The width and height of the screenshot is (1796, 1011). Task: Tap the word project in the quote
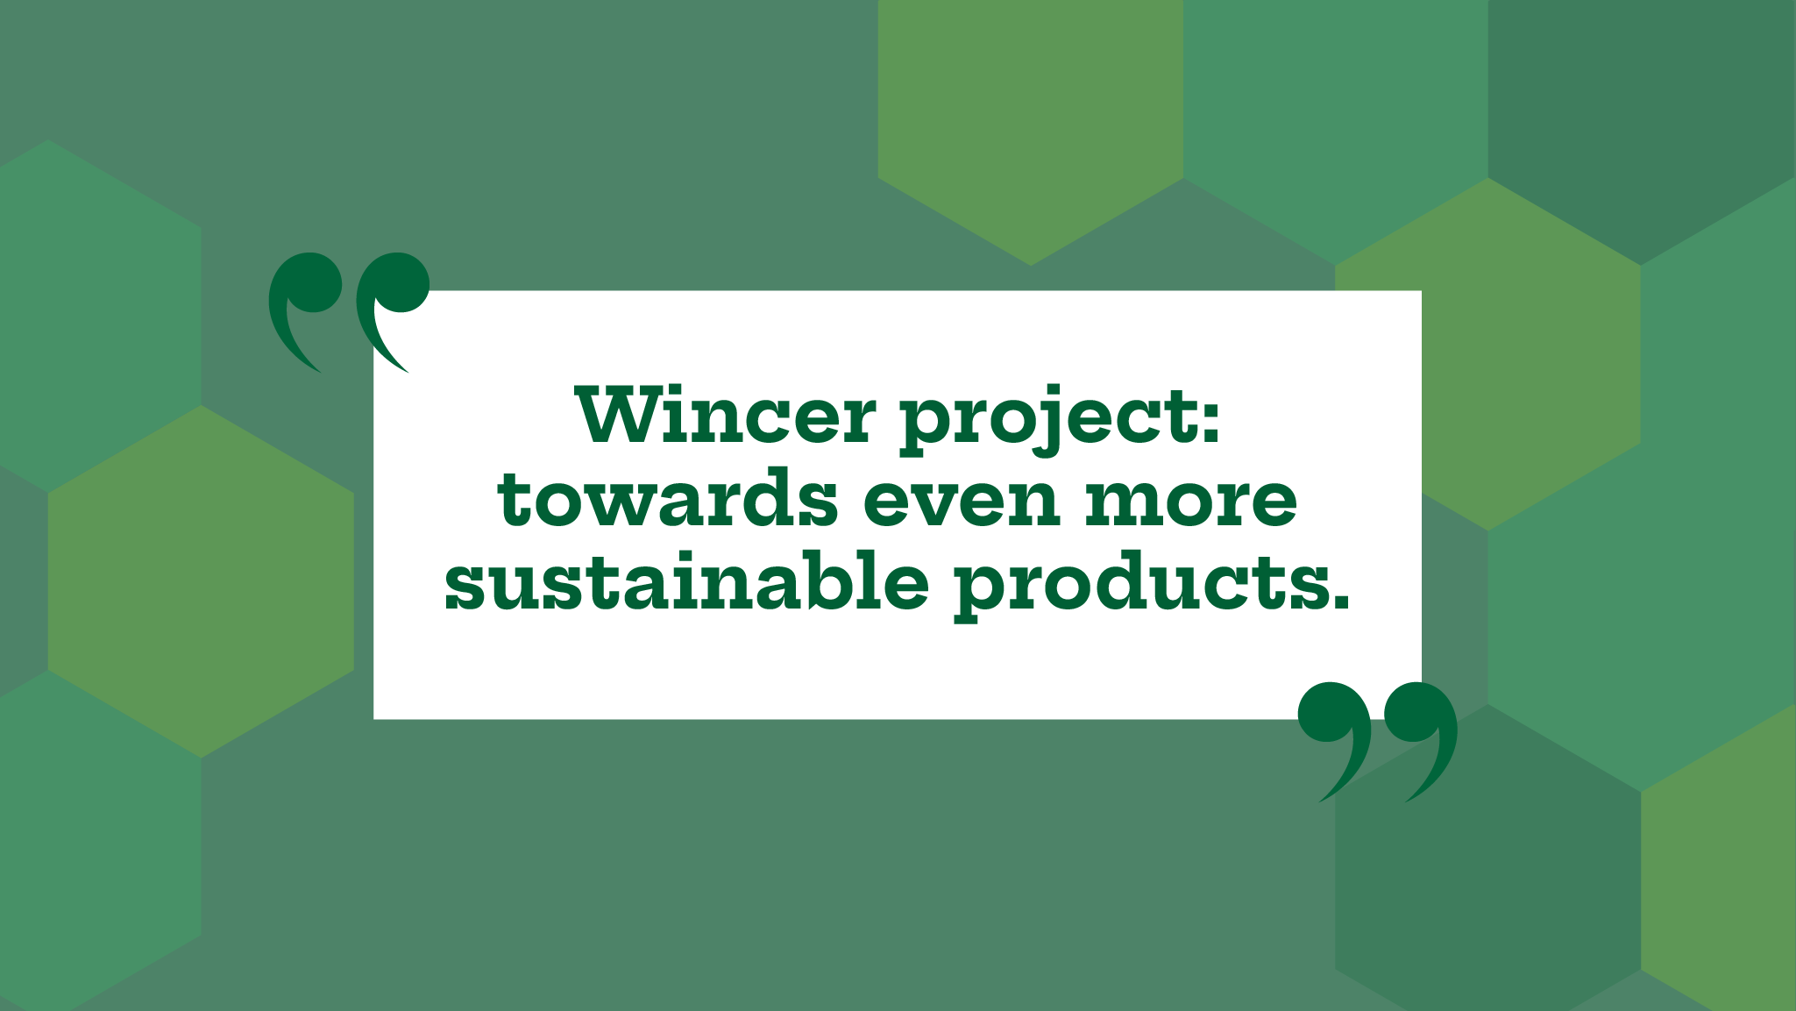1048,420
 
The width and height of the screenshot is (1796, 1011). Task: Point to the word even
962,503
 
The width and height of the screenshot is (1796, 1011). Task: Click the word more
1191,503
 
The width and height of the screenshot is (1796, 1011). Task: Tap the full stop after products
1338,601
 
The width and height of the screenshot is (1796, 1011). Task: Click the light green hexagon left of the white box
201,581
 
